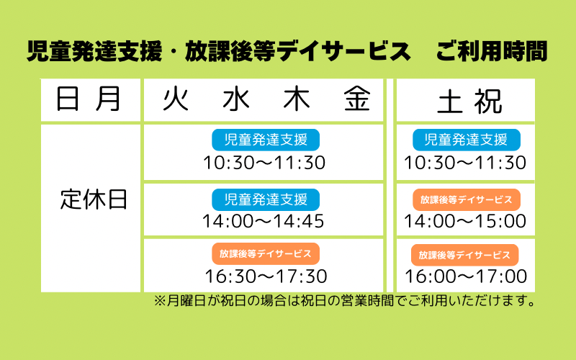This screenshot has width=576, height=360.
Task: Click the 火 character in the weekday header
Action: pos(176,99)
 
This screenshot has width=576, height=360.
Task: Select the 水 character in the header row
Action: pos(236,99)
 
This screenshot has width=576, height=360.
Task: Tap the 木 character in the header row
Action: pos(297,99)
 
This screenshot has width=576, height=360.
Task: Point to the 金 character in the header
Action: pos(357,99)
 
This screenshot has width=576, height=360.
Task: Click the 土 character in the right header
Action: pos(449,102)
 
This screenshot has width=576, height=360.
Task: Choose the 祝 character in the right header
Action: pos(488,102)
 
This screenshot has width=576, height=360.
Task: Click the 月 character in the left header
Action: pos(107,99)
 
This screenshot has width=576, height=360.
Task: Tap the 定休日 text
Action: pos(94,199)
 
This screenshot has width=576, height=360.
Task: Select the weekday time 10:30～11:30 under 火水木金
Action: pos(264,163)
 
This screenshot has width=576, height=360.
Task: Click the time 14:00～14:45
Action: pos(264,221)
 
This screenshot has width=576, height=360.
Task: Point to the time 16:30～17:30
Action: pos(266,276)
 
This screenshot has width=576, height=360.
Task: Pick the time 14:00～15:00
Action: pos(465,221)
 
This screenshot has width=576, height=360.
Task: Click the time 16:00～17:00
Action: pos(466,276)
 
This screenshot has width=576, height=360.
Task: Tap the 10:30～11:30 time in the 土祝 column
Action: pos(465,163)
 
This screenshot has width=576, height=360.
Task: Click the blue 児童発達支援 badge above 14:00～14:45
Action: pos(266,199)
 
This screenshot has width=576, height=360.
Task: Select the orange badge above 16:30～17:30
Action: pos(266,254)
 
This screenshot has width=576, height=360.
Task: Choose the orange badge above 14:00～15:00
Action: pos(467,199)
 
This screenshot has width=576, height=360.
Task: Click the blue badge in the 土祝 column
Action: pos(467,140)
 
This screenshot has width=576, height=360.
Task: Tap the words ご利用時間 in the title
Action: pos(492,51)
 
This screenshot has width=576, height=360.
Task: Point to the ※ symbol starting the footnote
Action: pos(160,300)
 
